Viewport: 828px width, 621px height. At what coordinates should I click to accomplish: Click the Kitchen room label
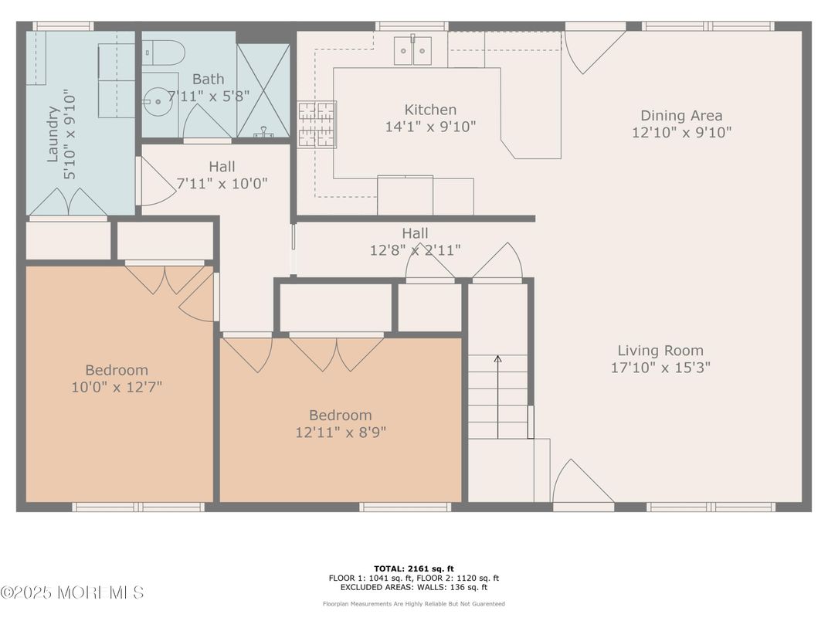[x=430, y=110]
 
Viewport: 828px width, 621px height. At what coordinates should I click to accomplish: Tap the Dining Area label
[x=681, y=116]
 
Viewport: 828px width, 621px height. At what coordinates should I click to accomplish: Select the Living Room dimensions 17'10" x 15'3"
[x=660, y=368]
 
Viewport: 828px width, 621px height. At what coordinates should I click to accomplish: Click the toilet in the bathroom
[x=164, y=53]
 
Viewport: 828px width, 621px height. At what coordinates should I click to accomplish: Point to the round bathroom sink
[x=158, y=101]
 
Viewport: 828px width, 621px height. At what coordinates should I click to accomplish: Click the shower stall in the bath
[x=263, y=90]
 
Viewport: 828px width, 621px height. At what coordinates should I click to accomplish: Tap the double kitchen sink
[x=412, y=51]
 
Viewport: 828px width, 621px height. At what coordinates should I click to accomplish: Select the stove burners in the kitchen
[x=317, y=124]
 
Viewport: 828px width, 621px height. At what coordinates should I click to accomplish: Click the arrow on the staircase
[x=497, y=396]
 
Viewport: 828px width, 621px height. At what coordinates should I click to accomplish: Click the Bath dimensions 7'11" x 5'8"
[x=209, y=96]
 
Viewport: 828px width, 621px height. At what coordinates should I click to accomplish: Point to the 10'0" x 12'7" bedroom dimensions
[x=117, y=387]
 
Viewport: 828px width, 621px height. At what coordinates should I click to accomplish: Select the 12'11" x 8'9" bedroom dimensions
[x=341, y=433]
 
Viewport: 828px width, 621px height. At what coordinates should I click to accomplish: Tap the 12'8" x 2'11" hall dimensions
[x=415, y=249]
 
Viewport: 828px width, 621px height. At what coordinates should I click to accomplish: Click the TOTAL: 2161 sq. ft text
[x=413, y=568]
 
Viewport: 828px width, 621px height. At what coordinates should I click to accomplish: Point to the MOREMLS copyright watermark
[x=73, y=592]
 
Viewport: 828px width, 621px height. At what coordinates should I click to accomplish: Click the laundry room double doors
[x=68, y=202]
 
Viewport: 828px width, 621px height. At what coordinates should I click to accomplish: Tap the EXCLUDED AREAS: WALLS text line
[x=413, y=587]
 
